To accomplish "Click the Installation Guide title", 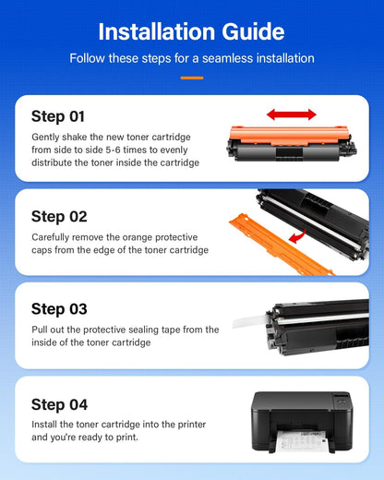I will pos(191,31).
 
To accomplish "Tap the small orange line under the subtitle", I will pos(191,78).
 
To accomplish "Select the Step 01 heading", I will pos(58,116).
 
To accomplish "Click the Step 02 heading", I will pos(59,216).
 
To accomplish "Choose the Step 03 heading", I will pos(59,308).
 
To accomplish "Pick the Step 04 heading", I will pos(59,404).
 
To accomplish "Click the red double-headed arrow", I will pos(291,114).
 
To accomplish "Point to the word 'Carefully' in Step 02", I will pos(54,235).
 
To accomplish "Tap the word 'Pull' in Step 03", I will pos(40,330).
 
